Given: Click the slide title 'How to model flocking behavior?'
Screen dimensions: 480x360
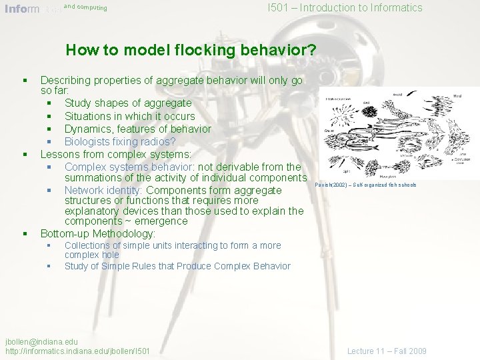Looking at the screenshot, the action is (191, 50).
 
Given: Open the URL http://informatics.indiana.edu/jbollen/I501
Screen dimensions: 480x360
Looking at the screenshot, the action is (77, 351).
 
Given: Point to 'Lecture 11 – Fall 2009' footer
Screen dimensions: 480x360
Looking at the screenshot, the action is (387, 351).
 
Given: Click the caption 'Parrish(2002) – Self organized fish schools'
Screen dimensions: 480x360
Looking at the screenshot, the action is (366, 185).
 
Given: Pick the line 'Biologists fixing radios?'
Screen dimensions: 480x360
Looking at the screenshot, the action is (120, 141).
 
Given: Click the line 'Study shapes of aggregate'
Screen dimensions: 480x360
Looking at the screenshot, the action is (127, 103).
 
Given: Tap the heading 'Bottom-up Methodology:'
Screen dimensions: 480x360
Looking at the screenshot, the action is (97, 233).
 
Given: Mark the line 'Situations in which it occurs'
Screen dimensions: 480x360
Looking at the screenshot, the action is (129, 116).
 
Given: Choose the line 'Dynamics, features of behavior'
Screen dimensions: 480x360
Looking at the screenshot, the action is (137, 129).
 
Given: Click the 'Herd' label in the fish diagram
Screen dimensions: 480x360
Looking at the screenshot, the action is (457, 95).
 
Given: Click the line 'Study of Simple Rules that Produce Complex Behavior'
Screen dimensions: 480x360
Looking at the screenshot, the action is (177, 266).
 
